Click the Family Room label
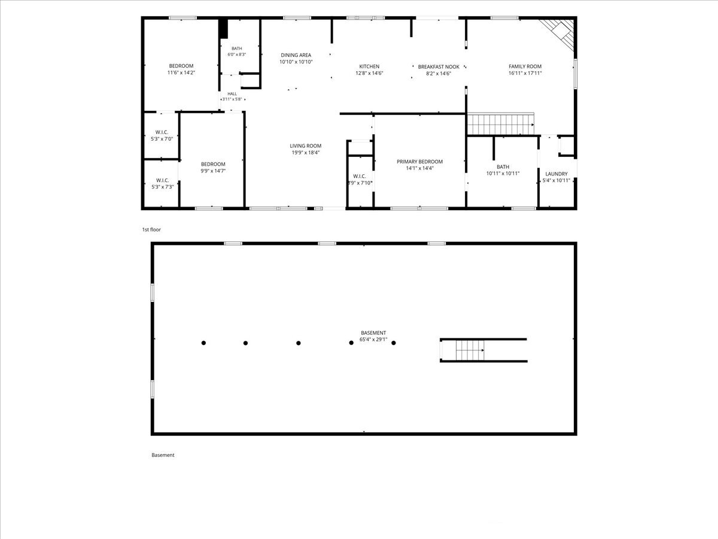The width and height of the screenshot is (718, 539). (x=525, y=66)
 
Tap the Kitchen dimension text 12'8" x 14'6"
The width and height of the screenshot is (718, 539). (x=369, y=73)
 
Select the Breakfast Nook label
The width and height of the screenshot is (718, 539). (x=439, y=66)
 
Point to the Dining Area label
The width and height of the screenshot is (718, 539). (x=296, y=55)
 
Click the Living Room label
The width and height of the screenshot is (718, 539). (x=306, y=146)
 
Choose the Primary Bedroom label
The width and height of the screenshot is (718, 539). (x=419, y=162)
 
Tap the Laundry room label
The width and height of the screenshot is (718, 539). (x=556, y=174)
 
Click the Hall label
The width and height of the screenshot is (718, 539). (x=232, y=94)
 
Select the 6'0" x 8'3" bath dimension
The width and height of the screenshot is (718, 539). (x=237, y=54)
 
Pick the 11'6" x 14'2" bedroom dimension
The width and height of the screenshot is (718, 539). (x=181, y=72)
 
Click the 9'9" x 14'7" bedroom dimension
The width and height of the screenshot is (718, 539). (x=213, y=171)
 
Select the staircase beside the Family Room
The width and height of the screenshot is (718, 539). (x=500, y=124)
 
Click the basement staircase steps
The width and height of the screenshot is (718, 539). (x=470, y=350)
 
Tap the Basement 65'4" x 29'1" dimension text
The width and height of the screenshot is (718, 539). (x=373, y=340)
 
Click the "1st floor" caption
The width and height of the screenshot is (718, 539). (x=151, y=230)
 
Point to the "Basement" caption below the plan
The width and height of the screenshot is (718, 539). (x=163, y=455)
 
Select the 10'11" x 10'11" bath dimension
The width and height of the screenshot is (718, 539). (x=503, y=174)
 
